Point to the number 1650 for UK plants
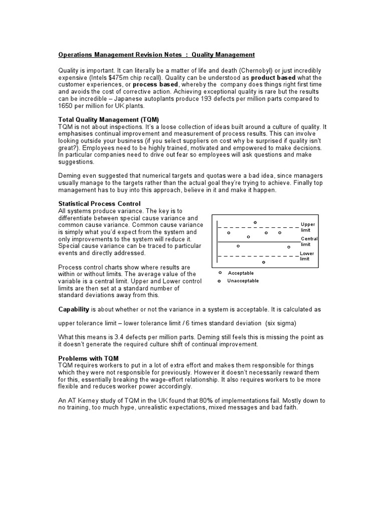(67, 106)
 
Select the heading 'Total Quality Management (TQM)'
(108, 120)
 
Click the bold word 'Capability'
(74, 309)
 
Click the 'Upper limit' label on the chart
(307, 227)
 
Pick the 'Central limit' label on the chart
(309, 241)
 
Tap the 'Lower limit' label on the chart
(306, 256)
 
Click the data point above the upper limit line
(255, 222)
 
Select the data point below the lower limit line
(264, 262)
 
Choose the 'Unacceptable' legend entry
(243, 281)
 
